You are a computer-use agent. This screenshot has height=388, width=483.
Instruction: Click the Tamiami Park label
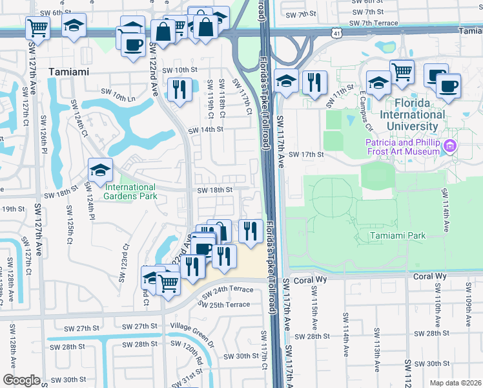click(398, 236)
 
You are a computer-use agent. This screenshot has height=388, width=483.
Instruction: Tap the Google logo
click(21, 380)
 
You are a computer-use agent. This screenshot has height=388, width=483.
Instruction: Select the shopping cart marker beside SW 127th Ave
click(38, 28)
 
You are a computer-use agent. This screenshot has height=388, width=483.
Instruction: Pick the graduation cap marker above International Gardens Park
click(101, 170)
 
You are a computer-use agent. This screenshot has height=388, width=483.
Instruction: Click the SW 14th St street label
click(205, 129)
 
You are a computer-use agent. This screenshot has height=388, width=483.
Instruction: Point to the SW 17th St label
click(305, 155)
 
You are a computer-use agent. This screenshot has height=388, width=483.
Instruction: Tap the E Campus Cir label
click(367, 105)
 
